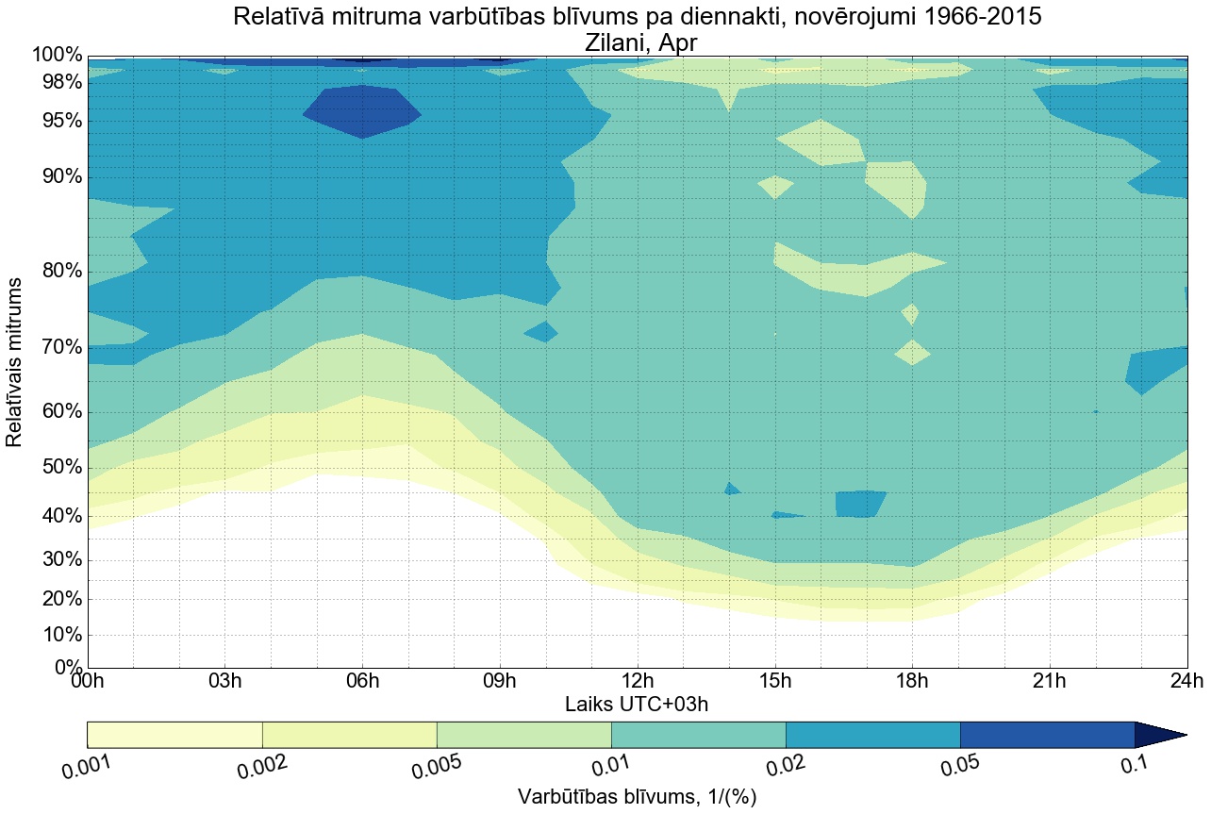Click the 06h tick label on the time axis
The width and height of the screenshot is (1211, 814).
[362, 682]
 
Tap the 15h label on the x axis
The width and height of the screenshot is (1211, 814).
[774, 682]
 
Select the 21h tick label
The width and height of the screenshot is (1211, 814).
[1049, 682]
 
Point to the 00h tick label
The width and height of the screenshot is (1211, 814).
[88, 682]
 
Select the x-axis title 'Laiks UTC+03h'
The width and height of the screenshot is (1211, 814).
[637, 704]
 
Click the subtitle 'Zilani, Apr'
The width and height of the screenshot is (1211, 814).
[637, 42]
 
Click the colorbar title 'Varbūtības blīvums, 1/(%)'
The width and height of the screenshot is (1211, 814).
[637, 797]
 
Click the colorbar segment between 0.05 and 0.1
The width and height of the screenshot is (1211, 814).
[1047, 735]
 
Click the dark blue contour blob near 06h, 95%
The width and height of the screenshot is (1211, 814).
[361, 111]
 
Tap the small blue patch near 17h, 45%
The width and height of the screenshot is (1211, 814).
[860, 503]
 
